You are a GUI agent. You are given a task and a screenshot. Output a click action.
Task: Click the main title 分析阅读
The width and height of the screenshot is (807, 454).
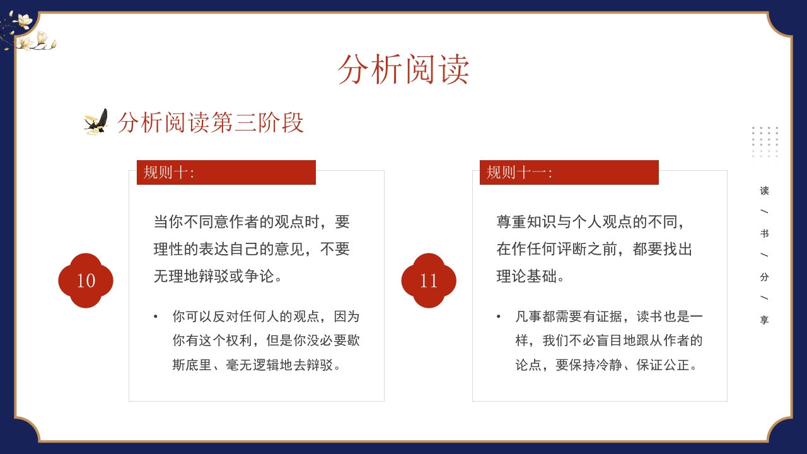pyautogui.click(x=403, y=69)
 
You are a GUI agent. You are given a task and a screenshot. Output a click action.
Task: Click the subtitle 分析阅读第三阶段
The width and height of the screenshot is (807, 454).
pyautogui.click(x=211, y=122)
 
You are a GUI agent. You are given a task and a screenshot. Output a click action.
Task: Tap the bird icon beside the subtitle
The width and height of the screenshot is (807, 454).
pyautogui.click(x=96, y=122)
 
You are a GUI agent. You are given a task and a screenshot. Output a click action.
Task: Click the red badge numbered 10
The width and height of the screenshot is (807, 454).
pyautogui.click(x=86, y=281)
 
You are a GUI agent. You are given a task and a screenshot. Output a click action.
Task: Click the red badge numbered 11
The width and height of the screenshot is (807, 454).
pyautogui.click(x=429, y=281)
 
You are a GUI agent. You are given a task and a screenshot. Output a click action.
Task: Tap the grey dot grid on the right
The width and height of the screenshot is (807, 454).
pyautogui.click(x=765, y=141)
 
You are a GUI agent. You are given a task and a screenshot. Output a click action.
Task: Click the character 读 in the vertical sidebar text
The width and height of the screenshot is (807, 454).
pyautogui.click(x=765, y=190)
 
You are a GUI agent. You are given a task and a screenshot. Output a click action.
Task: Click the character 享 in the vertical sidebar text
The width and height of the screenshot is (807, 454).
pyautogui.click(x=765, y=320)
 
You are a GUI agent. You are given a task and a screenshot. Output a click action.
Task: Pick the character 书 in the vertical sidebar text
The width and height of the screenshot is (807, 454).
pyautogui.click(x=765, y=233)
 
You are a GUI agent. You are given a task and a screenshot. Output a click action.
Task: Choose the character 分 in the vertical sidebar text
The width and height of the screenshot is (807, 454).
pyautogui.click(x=765, y=277)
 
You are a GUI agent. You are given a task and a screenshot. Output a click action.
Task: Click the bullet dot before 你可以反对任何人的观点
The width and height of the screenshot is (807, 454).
pyautogui.click(x=156, y=317)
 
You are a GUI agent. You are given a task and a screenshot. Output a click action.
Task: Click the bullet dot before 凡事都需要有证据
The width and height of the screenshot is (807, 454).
pyautogui.click(x=499, y=317)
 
